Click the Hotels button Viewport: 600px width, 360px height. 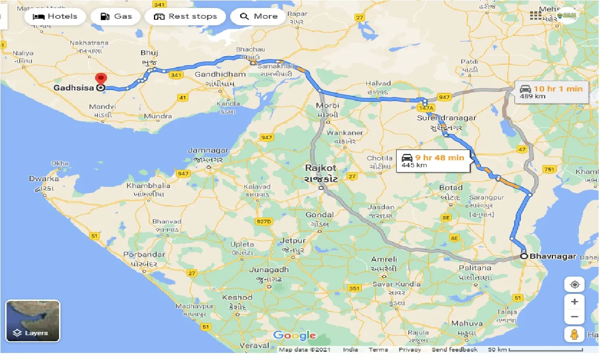point(55,16)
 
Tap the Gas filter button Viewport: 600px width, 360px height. point(118,16)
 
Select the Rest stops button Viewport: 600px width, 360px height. point(185,16)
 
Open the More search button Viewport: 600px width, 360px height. point(259,16)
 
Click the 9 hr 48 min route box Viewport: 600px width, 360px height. point(433,161)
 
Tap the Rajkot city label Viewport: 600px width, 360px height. point(321,168)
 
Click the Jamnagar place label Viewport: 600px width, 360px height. point(208,150)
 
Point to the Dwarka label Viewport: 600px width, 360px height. point(44,179)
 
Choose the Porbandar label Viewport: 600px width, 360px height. point(144,255)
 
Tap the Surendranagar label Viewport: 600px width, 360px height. point(446,118)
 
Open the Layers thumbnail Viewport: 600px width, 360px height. point(33,321)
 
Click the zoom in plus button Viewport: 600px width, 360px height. point(575,301)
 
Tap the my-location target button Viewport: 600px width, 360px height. point(575,284)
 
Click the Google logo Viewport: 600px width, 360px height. point(294,335)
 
